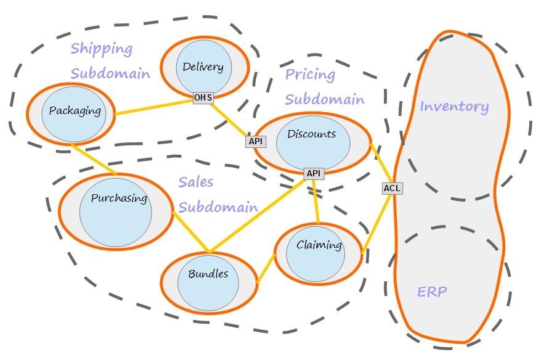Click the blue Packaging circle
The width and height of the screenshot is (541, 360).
point(73,114)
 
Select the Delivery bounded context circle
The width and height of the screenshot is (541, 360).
point(203,67)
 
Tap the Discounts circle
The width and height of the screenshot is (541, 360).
point(313,143)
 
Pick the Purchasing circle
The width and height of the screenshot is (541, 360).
point(116,212)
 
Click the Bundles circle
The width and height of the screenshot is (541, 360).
point(208,283)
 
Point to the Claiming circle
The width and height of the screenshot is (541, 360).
point(315,254)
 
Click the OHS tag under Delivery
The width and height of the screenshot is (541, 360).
point(203,97)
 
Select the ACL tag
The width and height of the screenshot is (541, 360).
point(393,189)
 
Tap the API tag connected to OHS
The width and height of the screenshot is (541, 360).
point(256,141)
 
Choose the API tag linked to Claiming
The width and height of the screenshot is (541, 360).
point(314,173)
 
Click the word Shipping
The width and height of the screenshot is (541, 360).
point(102,49)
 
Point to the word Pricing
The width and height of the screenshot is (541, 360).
point(310,74)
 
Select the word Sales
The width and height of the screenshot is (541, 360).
point(195,182)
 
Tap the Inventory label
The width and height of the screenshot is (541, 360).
point(454,106)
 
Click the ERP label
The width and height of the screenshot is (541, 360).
point(432,292)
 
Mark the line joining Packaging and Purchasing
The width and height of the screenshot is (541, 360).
point(94,160)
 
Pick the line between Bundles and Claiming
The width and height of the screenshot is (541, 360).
point(266,269)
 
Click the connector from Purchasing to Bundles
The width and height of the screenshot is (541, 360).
point(190,232)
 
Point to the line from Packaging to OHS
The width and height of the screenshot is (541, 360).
point(154,107)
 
